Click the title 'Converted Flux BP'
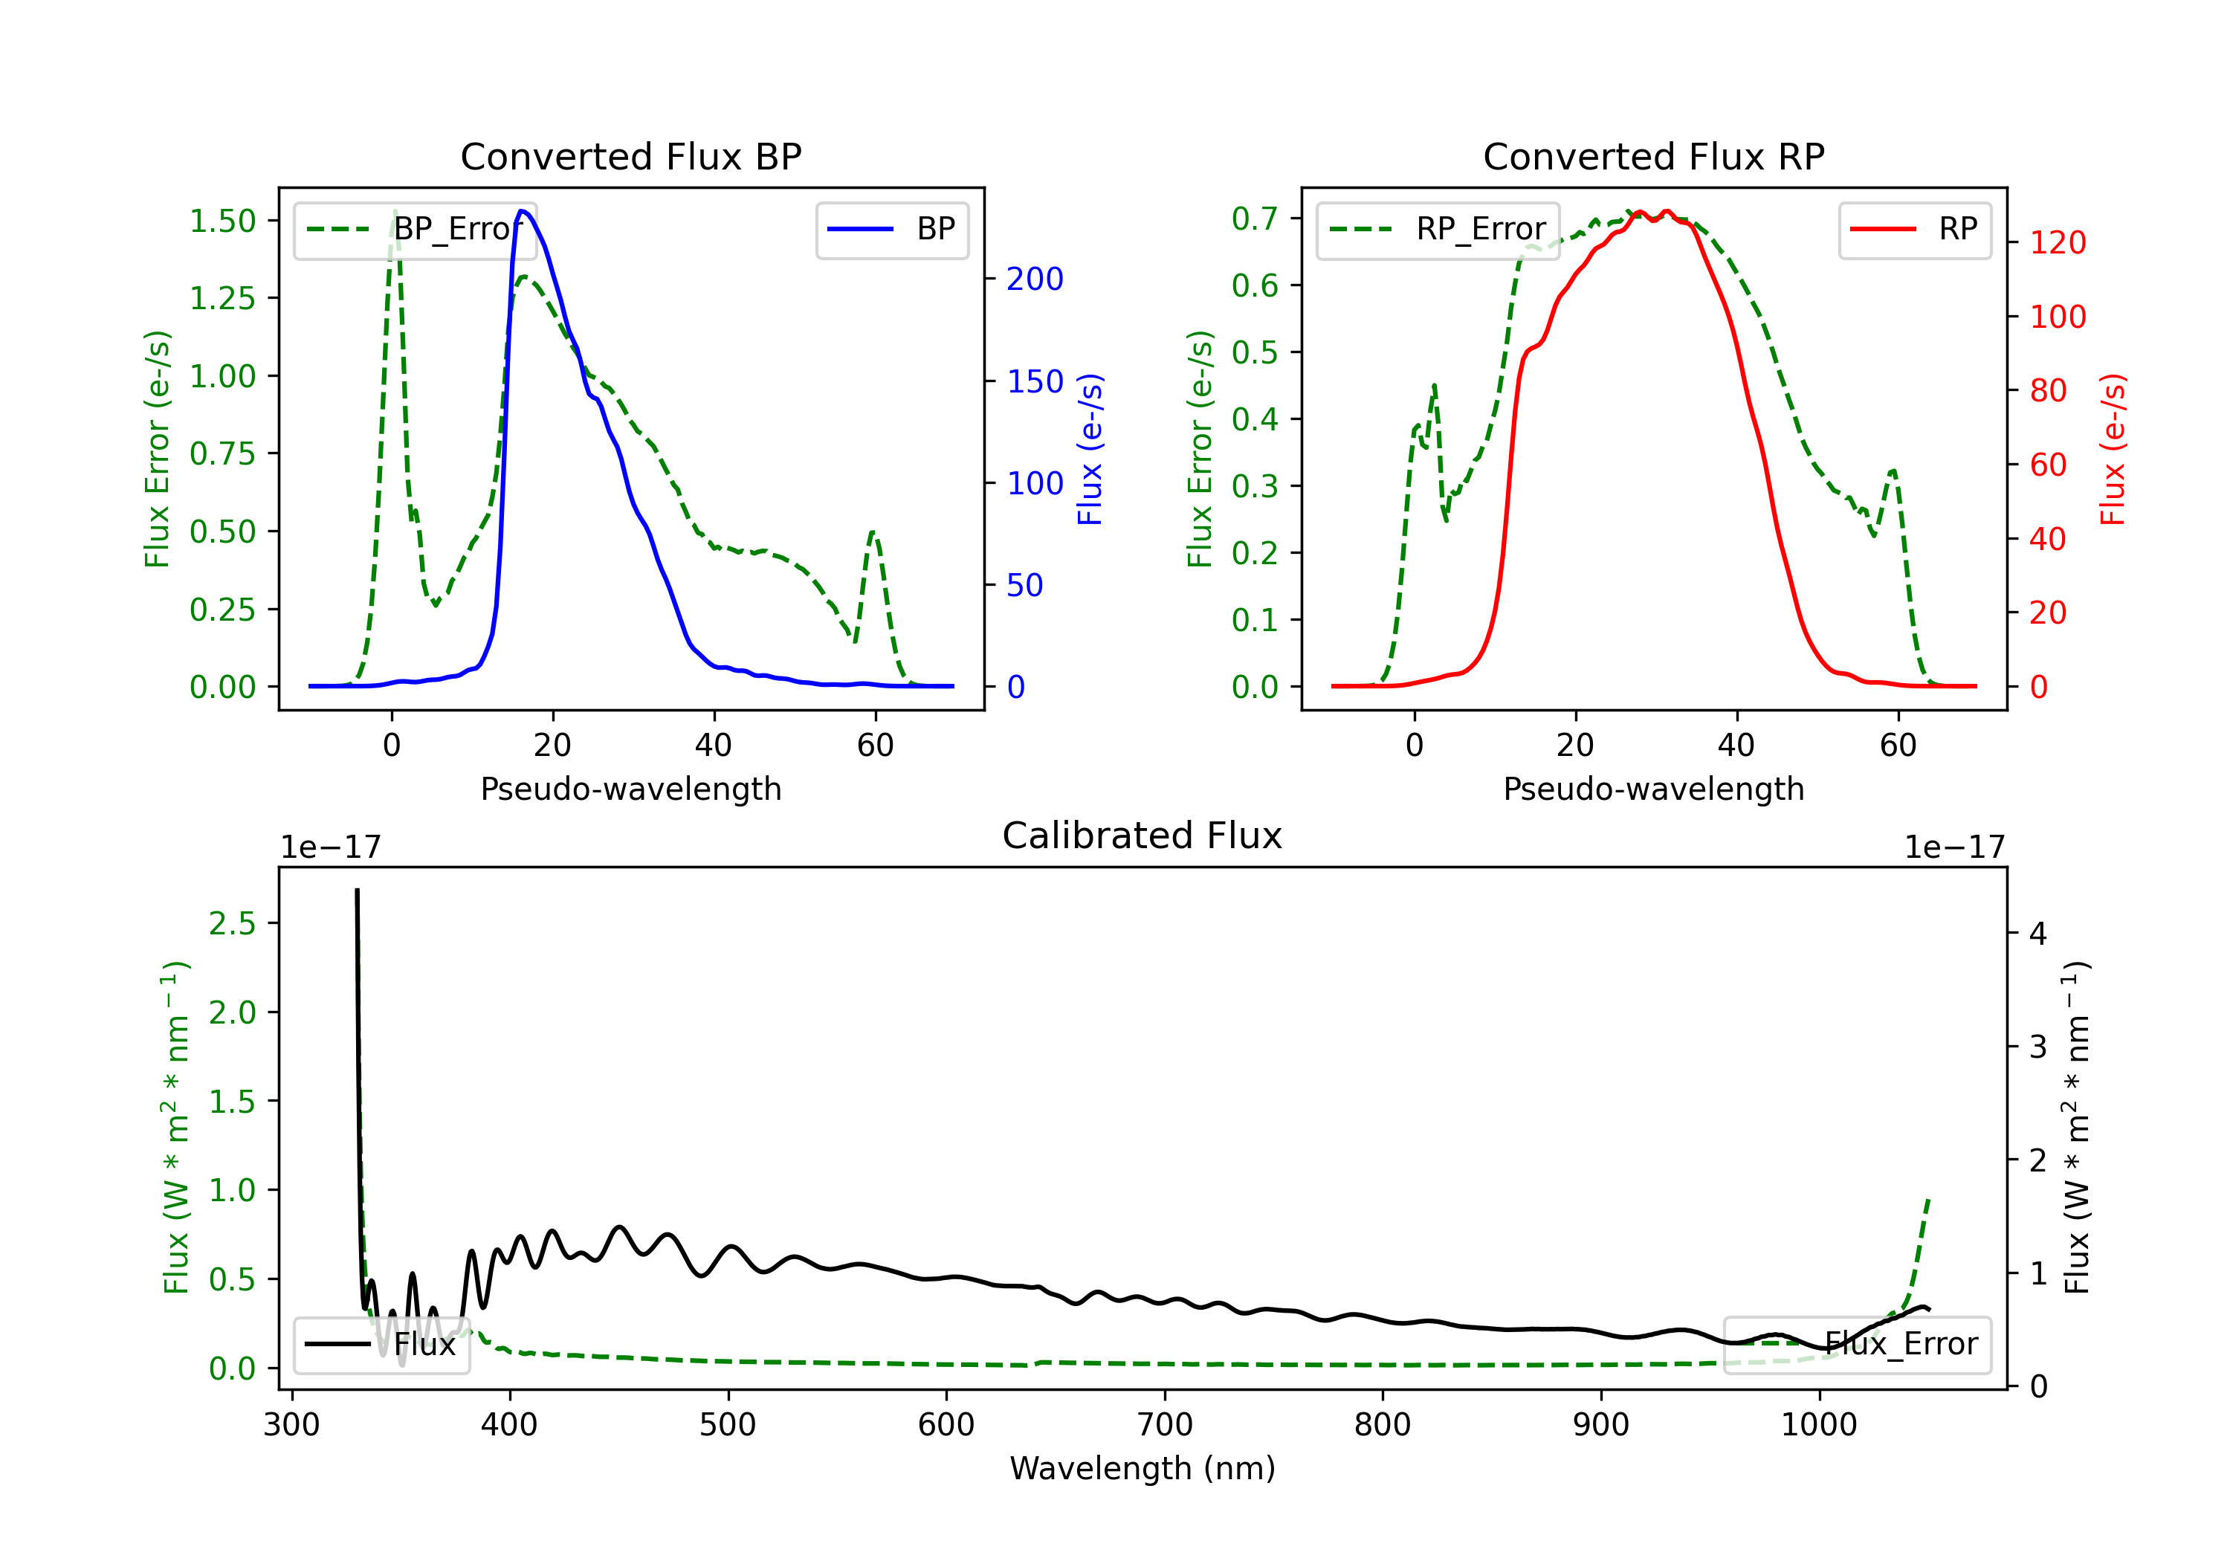(630, 156)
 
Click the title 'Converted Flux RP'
(1653, 156)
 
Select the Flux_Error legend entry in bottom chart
(1857, 1345)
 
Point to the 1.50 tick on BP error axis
(222, 221)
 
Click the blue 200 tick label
(1035, 279)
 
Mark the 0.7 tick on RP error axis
(1255, 219)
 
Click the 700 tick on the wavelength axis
(1165, 1424)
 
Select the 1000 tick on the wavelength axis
(1818, 1424)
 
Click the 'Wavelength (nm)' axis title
(1143, 1468)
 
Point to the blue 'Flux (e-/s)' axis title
(1090, 449)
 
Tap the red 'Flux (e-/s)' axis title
(2113, 449)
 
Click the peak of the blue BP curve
(522, 211)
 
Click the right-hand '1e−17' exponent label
(1954, 847)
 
